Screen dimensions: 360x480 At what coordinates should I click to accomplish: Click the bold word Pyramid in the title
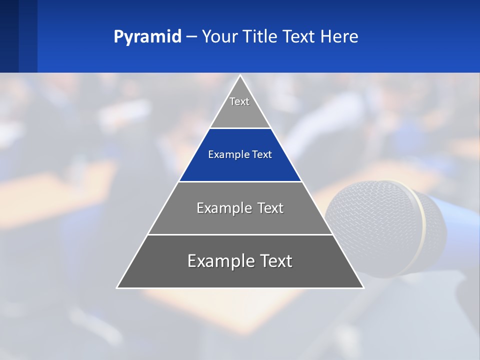(x=147, y=37)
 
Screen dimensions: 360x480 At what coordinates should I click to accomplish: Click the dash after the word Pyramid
(x=191, y=37)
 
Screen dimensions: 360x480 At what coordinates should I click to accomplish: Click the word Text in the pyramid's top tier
(x=239, y=101)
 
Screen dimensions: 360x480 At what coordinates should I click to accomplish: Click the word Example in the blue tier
(x=225, y=154)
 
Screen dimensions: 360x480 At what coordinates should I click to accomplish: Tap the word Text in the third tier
(x=270, y=208)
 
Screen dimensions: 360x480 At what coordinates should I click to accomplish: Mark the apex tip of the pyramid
(x=240, y=76)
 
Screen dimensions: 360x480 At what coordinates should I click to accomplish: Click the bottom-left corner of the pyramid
(x=117, y=287)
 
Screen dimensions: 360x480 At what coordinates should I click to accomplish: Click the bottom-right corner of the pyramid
(x=363, y=287)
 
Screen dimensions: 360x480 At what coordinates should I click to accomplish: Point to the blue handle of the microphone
(x=457, y=220)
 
